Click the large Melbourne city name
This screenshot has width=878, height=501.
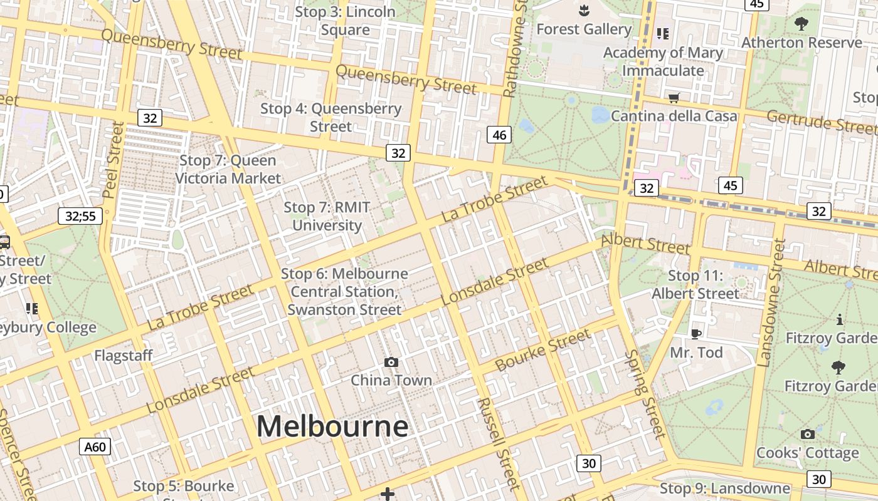pyautogui.click(x=332, y=426)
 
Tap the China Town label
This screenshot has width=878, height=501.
pyautogui.click(x=391, y=380)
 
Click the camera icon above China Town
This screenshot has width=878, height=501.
pyautogui.click(x=391, y=362)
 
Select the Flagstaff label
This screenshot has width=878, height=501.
pyautogui.click(x=124, y=356)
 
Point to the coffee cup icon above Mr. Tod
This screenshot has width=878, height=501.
pyautogui.click(x=696, y=334)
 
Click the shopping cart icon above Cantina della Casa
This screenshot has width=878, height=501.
pyautogui.click(x=674, y=98)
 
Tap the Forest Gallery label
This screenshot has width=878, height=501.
pyautogui.click(x=584, y=29)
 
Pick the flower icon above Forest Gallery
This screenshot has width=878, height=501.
pyautogui.click(x=584, y=10)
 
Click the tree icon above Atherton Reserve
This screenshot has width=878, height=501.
pyautogui.click(x=801, y=24)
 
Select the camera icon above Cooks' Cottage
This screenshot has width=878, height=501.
pyautogui.click(x=807, y=434)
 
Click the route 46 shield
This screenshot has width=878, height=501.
pyautogui.click(x=499, y=134)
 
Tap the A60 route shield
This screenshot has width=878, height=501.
pyautogui.click(x=95, y=447)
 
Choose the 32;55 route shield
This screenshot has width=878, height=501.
pyautogui.click(x=80, y=217)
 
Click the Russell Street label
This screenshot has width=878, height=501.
pyautogui.click(x=499, y=443)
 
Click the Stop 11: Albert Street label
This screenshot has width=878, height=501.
pyautogui.click(x=696, y=284)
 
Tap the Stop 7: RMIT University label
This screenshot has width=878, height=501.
pyautogui.click(x=327, y=216)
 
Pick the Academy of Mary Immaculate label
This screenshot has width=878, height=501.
pyautogui.click(x=663, y=61)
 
